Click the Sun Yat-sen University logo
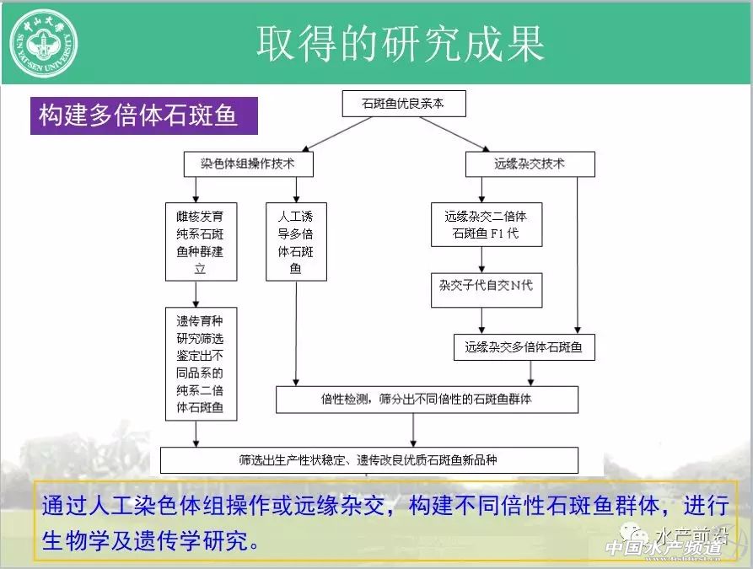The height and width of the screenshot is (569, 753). tap(43, 42)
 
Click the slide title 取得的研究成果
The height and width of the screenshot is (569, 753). tap(400, 43)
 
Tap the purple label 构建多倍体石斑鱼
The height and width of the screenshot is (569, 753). tap(140, 115)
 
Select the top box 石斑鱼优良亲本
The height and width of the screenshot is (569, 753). tap(403, 105)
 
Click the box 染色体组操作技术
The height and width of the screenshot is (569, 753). tap(248, 164)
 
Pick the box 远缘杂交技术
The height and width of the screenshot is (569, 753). tap(530, 164)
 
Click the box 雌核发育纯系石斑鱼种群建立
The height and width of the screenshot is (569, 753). tap(201, 240)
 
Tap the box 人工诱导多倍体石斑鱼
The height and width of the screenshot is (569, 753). tap(295, 240)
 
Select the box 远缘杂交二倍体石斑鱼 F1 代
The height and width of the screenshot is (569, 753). tap(486, 224)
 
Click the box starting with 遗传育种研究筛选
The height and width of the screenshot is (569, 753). tap(201, 364)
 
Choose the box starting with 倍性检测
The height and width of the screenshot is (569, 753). tap(427, 399)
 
